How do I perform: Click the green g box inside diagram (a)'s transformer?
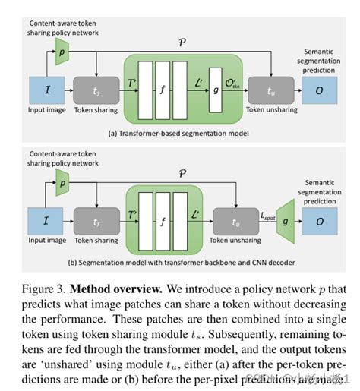(x=218, y=90)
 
